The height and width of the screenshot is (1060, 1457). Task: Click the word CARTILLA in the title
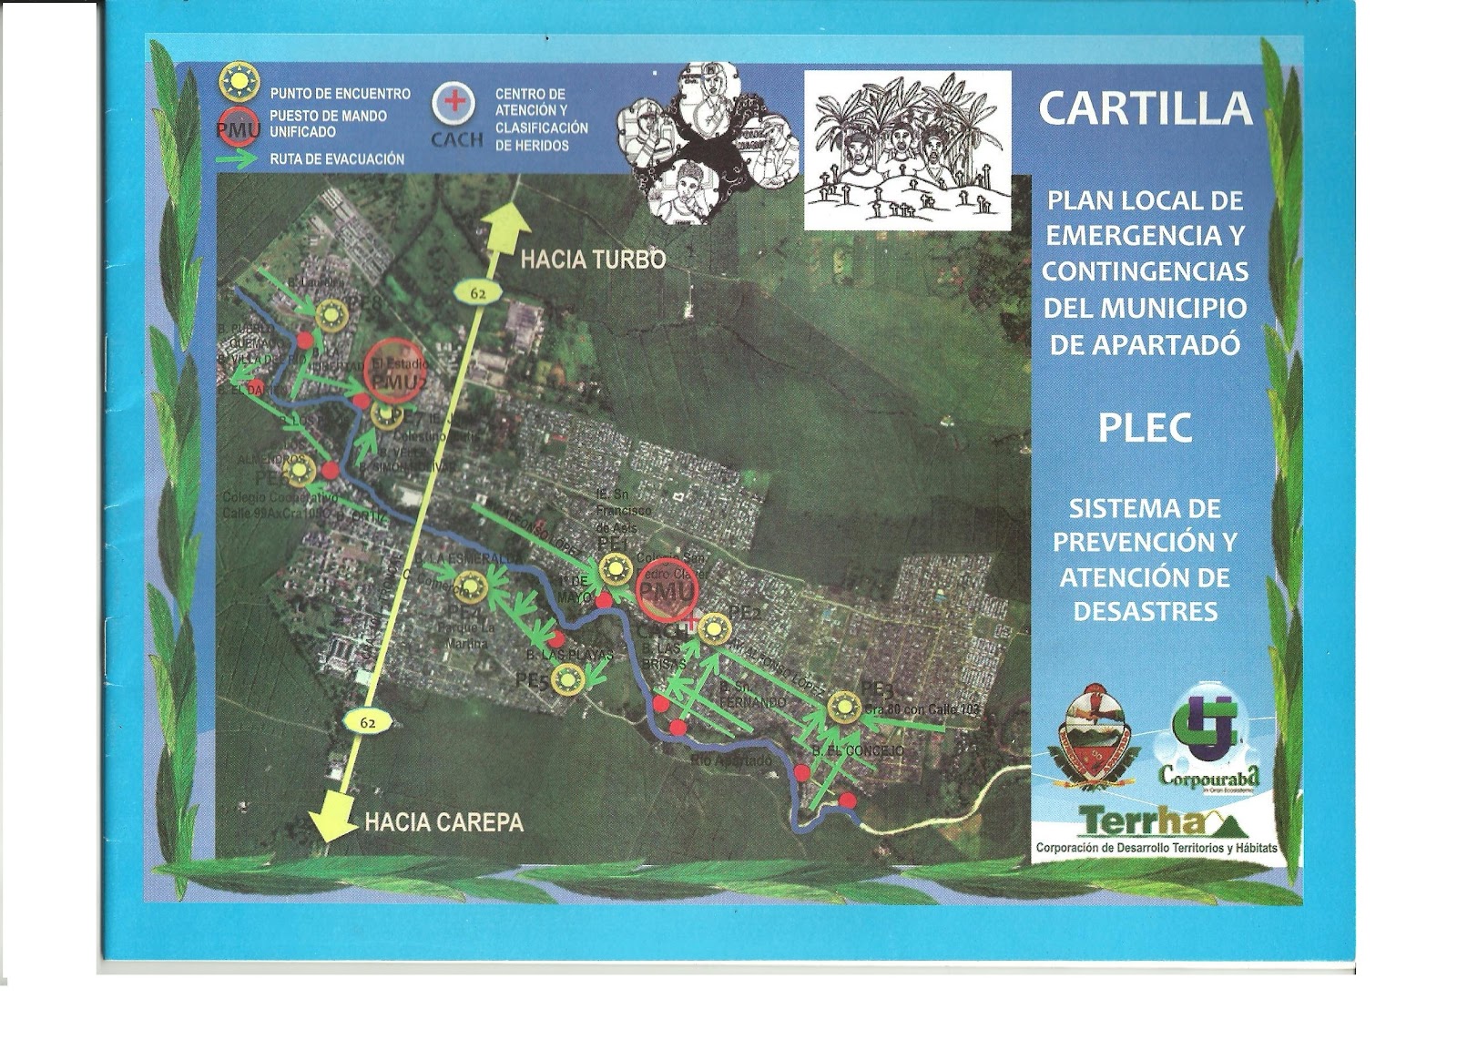1145,109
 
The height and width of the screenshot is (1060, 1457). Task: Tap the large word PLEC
1145,428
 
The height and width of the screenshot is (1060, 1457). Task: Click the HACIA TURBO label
593,260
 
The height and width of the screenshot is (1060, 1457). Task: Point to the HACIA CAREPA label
444,822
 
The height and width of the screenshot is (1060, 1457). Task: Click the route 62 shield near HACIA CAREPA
366,721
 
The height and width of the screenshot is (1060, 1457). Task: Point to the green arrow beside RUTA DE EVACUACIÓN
239,158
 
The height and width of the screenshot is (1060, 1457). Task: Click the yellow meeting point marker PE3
844,707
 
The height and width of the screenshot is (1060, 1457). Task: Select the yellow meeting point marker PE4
472,587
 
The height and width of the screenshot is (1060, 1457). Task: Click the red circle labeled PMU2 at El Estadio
394,369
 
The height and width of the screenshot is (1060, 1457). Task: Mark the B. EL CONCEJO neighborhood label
860,750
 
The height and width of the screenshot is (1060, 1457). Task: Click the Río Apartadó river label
732,760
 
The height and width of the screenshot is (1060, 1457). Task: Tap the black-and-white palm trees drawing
907,150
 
